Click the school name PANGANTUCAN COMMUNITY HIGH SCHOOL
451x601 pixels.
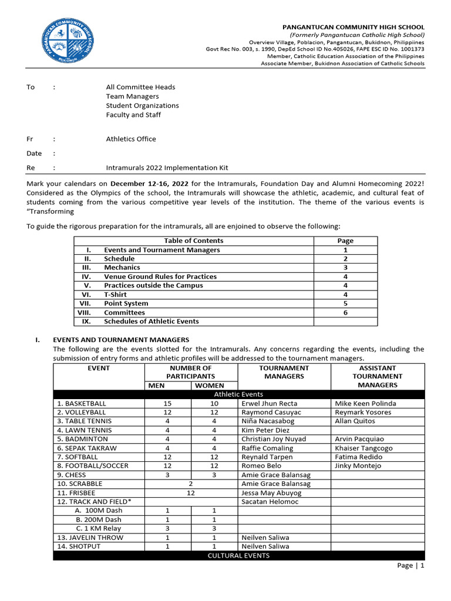tap(354, 27)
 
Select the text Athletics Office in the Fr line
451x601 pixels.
tap(131, 139)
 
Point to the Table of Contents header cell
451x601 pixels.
tap(193, 241)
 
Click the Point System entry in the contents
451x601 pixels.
tap(126, 303)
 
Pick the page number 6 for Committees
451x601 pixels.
tap(345, 312)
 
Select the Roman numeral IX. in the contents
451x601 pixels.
tap(86, 322)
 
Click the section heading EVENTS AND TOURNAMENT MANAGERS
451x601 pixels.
tap(121, 340)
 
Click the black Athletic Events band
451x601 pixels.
tap(238, 394)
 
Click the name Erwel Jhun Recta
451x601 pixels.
tap(269, 404)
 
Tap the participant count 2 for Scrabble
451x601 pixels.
tap(190, 484)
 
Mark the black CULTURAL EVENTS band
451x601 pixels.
tap(238, 555)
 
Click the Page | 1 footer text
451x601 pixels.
tap(410, 566)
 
